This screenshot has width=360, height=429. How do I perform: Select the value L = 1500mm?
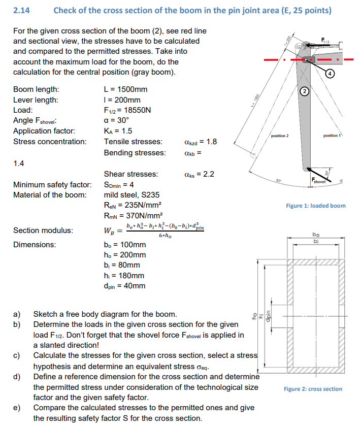pyautogui.click(x=125, y=89)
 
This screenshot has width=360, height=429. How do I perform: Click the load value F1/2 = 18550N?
pyautogui.click(x=127, y=110)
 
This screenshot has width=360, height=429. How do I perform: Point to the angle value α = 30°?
pyautogui.click(x=117, y=120)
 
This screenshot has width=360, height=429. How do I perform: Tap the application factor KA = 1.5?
pyautogui.click(x=118, y=131)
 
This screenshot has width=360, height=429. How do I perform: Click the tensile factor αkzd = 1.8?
pyautogui.click(x=199, y=142)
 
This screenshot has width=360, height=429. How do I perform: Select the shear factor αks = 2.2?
pyautogui.click(x=198, y=174)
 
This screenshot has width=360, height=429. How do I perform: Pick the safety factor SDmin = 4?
pyautogui.click(x=120, y=184)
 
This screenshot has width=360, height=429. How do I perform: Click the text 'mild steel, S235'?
pyautogui.click(x=132, y=194)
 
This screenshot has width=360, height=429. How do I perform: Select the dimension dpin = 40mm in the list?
pyautogui.click(x=124, y=286)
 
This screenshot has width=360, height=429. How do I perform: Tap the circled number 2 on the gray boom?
pyautogui.click(x=304, y=92)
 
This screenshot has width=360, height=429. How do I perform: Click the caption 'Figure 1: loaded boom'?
pyautogui.click(x=315, y=206)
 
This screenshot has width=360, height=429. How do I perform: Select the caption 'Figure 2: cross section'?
pyautogui.click(x=313, y=389)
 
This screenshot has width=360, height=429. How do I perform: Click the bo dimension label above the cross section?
pyautogui.click(x=316, y=235)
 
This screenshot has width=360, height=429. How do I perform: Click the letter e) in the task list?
pyautogui.click(x=17, y=408)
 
